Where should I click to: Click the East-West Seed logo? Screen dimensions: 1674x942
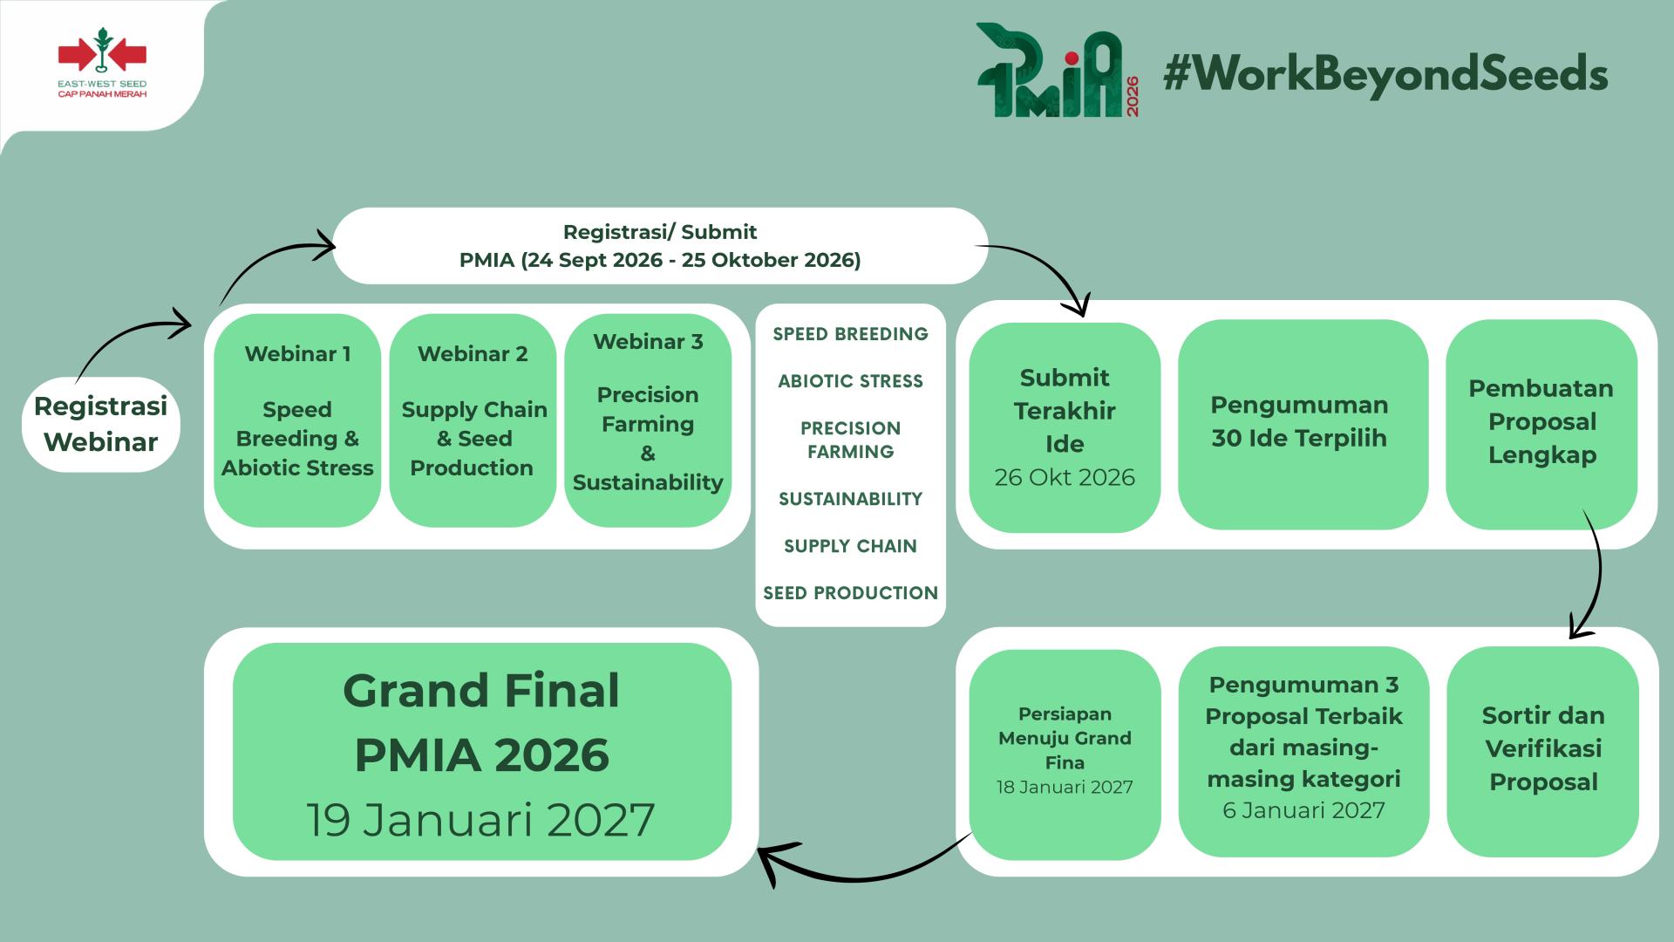click(102, 63)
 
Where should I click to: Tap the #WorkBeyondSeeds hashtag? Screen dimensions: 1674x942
click(1385, 73)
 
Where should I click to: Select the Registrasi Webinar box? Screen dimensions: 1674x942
click(101, 425)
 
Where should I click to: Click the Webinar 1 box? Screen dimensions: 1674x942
click(297, 420)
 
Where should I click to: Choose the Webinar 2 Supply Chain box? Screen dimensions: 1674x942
click(473, 420)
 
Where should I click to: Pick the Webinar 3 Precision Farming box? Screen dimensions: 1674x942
click(648, 420)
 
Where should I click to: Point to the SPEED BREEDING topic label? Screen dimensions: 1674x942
click(850, 334)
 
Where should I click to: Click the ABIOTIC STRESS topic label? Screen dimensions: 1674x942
click(850, 381)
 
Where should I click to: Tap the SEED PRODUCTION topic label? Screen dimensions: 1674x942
click(850, 593)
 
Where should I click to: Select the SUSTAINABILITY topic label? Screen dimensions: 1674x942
click(850, 499)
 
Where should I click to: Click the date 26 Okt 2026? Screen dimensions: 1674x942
click(1065, 477)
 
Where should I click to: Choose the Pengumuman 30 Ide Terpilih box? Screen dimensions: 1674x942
click(1303, 425)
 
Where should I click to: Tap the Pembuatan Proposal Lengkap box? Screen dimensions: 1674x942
click(1541, 425)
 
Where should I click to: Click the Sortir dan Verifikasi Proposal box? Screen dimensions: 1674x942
click(1542, 752)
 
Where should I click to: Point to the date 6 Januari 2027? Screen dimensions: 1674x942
click(1303, 810)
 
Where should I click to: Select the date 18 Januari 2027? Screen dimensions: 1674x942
click(1065, 787)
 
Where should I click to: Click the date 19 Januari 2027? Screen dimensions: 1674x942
click(480, 820)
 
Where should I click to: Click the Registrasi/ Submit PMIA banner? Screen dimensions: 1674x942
click(660, 246)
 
